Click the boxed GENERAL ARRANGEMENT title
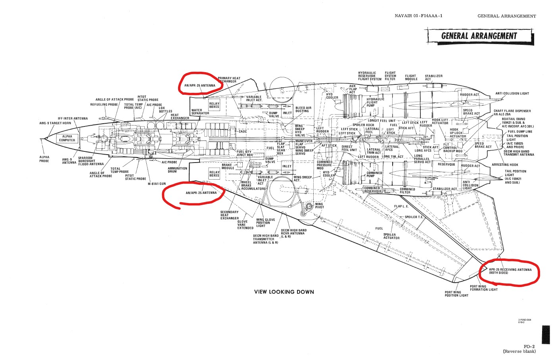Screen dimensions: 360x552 click(479, 36)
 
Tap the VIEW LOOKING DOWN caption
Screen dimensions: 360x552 click(284, 292)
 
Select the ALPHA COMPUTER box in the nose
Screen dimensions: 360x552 click(67, 138)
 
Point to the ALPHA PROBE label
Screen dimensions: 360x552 click(44, 159)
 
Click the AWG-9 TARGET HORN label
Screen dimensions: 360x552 click(56, 123)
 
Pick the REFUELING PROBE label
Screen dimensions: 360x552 click(104, 105)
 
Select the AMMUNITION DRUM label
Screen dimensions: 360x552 click(177, 170)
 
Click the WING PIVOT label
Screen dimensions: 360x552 click(319, 206)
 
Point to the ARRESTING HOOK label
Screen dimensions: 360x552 click(505, 165)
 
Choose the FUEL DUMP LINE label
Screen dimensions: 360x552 click(520, 132)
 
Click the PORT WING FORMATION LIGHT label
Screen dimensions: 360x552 click(483, 288)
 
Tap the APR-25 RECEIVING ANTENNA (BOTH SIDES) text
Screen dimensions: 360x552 click(510, 271)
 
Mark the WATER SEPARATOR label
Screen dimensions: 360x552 click(200, 112)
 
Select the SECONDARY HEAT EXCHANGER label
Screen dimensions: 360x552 click(230, 215)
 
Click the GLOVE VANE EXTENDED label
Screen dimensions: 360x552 click(245, 225)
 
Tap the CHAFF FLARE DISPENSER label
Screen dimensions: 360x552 click(517, 111)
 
